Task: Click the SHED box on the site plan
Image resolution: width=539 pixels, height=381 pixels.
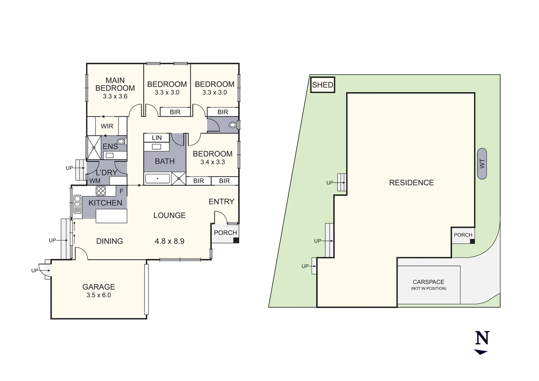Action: click(x=322, y=85)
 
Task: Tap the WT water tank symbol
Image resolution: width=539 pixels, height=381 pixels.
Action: click(x=482, y=164)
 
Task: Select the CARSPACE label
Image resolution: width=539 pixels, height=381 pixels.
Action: click(x=428, y=282)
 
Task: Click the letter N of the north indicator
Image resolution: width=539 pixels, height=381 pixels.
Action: click(x=482, y=338)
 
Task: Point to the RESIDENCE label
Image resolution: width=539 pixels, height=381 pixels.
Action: click(x=411, y=183)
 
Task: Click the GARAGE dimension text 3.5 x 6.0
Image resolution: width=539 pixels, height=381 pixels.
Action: click(x=99, y=295)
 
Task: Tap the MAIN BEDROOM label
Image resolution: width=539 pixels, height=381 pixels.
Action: click(x=115, y=84)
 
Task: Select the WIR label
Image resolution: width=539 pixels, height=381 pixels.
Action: click(x=107, y=126)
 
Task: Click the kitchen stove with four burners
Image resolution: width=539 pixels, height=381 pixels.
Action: click(x=101, y=191)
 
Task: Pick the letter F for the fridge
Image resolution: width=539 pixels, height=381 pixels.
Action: click(x=121, y=191)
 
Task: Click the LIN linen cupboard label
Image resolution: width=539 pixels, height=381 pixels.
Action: click(x=157, y=138)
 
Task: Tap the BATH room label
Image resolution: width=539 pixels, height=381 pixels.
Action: click(x=165, y=161)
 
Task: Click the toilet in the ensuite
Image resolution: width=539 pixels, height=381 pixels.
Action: click(x=121, y=142)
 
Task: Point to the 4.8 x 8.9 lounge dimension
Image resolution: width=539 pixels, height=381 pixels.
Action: click(x=169, y=241)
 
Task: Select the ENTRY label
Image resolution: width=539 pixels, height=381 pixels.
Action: click(x=221, y=201)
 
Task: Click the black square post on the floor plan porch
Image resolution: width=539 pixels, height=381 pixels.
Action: click(x=236, y=240)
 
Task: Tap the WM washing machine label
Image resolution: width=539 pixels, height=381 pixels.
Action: click(x=95, y=181)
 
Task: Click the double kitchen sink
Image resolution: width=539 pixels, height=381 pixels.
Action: click(x=77, y=204)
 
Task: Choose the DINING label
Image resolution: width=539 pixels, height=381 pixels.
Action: click(x=109, y=241)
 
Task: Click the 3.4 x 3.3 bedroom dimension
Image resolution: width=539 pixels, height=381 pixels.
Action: click(x=213, y=162)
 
